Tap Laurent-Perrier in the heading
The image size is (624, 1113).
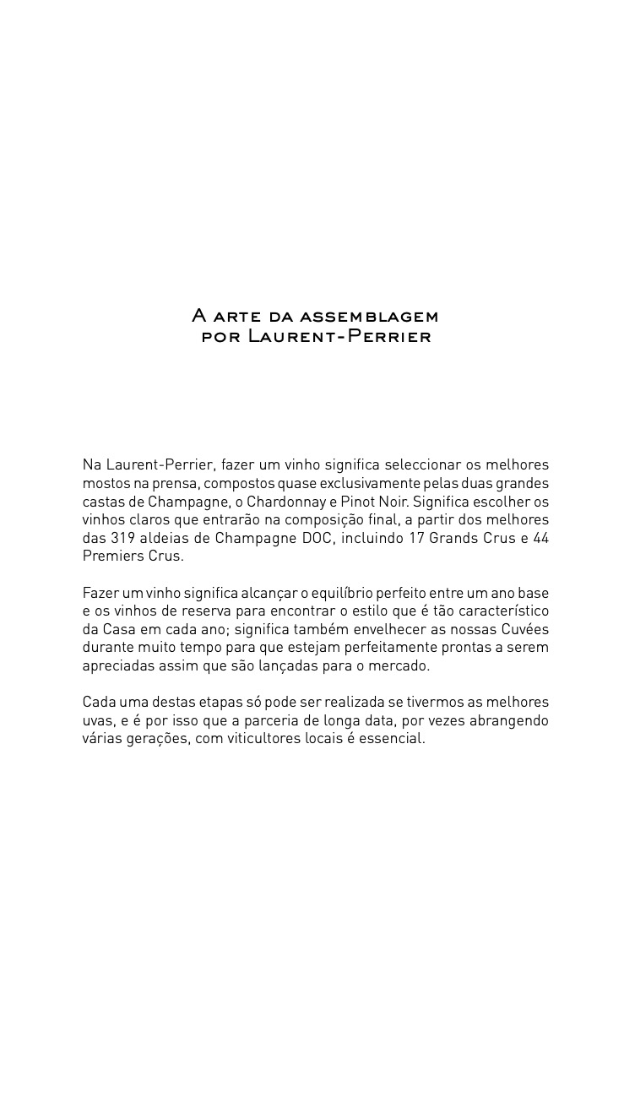click(339, 337)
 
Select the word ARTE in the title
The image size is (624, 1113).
click(238, 317)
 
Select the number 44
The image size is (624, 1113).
click(540, 538)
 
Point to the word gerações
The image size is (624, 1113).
click(158, 739)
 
